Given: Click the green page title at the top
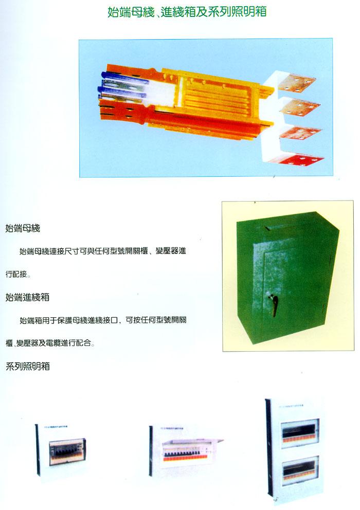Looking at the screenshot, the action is point(187,12).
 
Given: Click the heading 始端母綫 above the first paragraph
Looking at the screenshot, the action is point(23,228).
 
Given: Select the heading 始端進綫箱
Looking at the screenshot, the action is point(27,297).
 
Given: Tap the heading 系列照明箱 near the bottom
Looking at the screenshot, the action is point(28,366).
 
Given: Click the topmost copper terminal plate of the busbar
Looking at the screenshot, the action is point(296,83).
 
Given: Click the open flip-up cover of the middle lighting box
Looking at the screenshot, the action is point(192,442).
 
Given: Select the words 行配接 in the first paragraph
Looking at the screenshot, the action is point(16,274).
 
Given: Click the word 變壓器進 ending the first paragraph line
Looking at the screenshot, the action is point(171,251).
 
